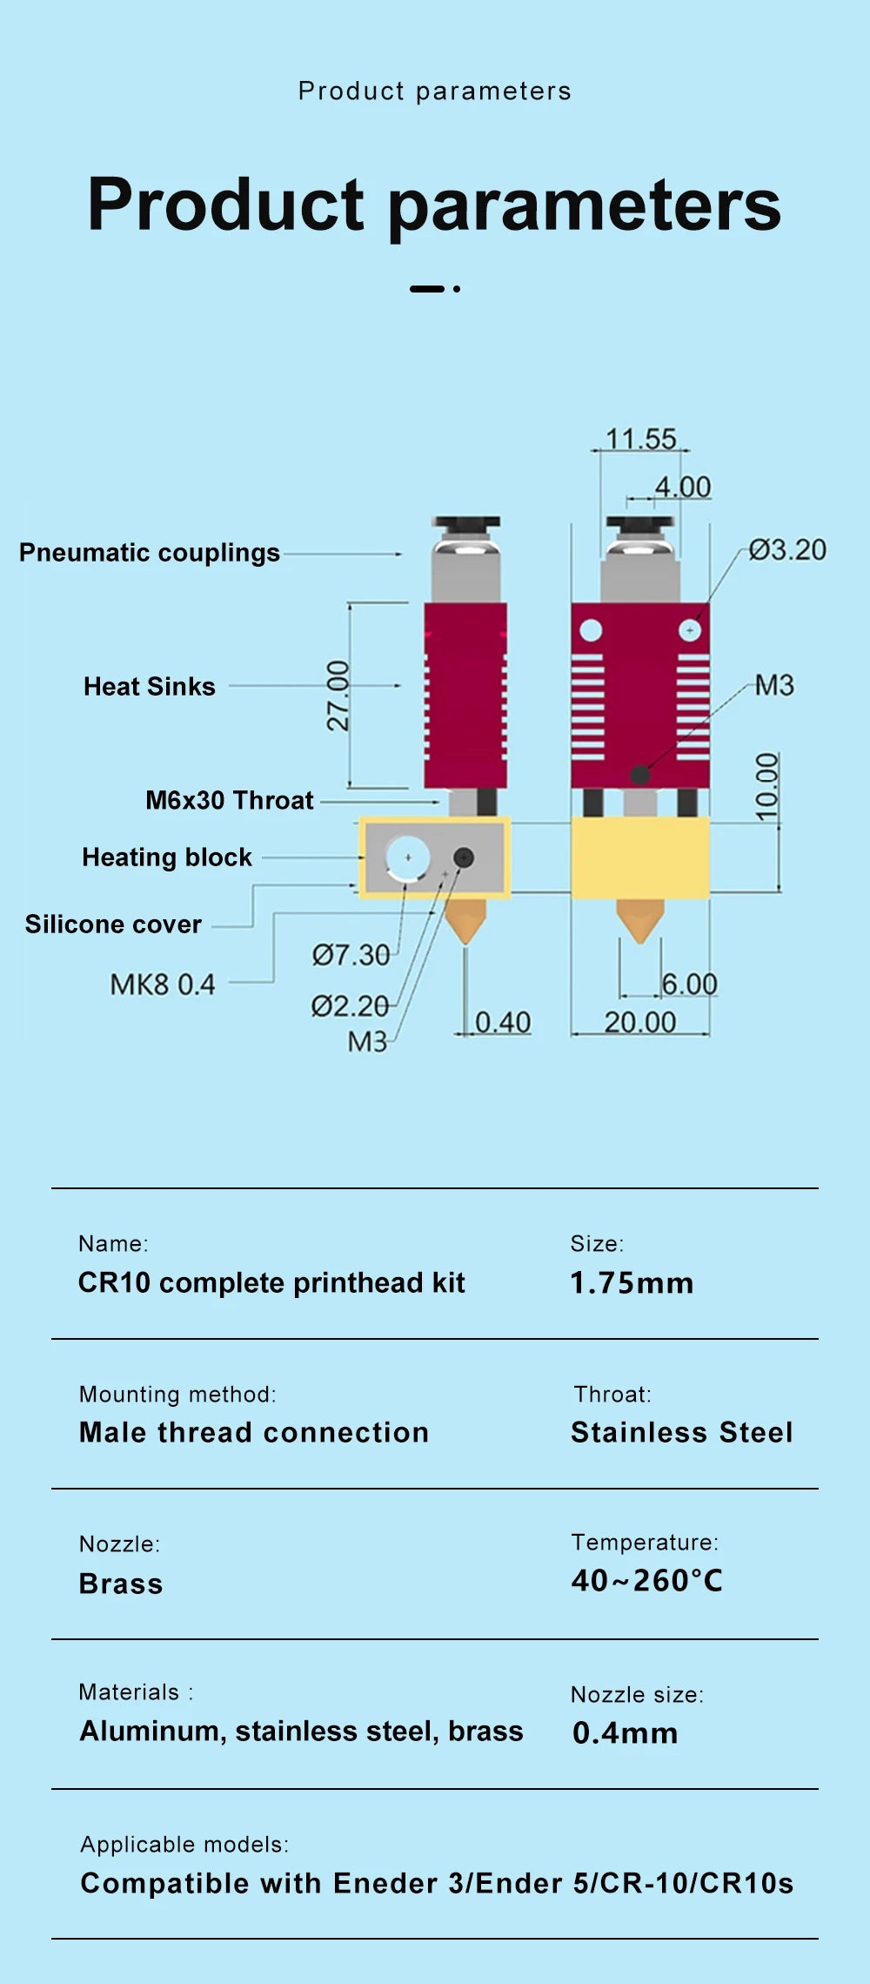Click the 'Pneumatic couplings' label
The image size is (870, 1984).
(x=150, y=553)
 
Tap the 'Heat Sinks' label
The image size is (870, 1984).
(x=150, y=687)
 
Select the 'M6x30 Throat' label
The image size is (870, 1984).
(x=230, y=800)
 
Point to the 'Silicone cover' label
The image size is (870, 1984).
(x=113, y=924)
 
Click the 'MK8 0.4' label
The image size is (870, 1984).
(x=163, y=985)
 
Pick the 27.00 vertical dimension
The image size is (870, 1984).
(x=338, y=696)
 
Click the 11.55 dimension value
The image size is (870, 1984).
(x=640, y=439)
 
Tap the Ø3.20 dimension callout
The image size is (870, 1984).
(x=787, y=550)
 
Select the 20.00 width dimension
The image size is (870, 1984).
(x=640, y=1022)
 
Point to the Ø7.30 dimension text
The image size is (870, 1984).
(x=351, y=955)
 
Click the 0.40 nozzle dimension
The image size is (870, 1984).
(x=503, y=1022)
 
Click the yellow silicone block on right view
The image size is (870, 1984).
(x=640, y=857)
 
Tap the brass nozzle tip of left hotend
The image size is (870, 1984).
(x=465, y=923)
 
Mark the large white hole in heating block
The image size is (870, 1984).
(x=407, y=857)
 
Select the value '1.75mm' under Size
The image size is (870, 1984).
(x=632, y=1283)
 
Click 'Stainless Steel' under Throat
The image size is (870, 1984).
(x=682, y=1432)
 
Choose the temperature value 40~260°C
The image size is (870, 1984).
(x=647, y=1581)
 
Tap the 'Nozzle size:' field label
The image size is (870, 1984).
(x=637, y=1694)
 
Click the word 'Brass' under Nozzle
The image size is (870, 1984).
(x=121, y=1584)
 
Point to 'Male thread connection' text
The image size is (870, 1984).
(x=254, y=1432)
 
